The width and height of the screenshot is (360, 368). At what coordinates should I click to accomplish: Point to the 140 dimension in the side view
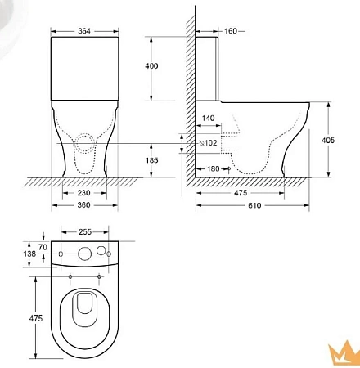pos(208,119)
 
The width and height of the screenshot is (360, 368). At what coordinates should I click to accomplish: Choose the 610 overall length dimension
pos(256,205)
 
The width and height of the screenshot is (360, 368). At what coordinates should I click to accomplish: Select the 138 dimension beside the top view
pos(30,255)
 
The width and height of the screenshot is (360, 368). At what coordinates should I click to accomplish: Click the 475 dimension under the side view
pos(241,194)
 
